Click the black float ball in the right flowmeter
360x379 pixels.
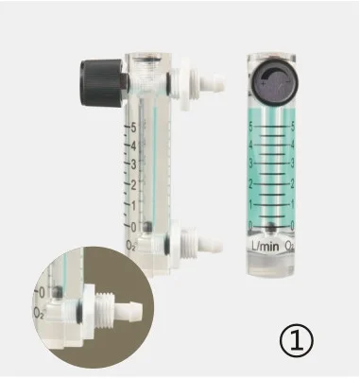tap(272, 227)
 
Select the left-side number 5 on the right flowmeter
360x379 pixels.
tap(250, 124)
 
